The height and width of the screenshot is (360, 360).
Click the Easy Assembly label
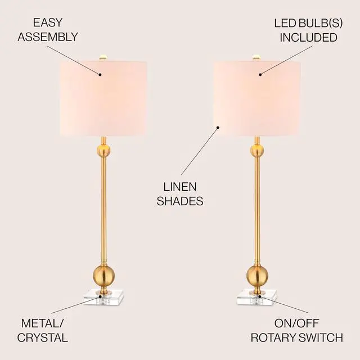47,30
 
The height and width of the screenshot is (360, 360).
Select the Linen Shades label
180,193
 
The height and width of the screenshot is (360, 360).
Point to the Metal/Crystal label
43,330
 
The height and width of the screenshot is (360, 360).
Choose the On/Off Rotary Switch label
296,330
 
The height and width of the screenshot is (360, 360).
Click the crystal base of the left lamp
103,296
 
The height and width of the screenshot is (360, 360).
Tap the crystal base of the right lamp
257,296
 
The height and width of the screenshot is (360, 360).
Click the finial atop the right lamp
256,56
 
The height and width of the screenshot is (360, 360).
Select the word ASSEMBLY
47,37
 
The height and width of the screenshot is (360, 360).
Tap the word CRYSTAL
43,337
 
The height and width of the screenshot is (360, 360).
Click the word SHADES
180,201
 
